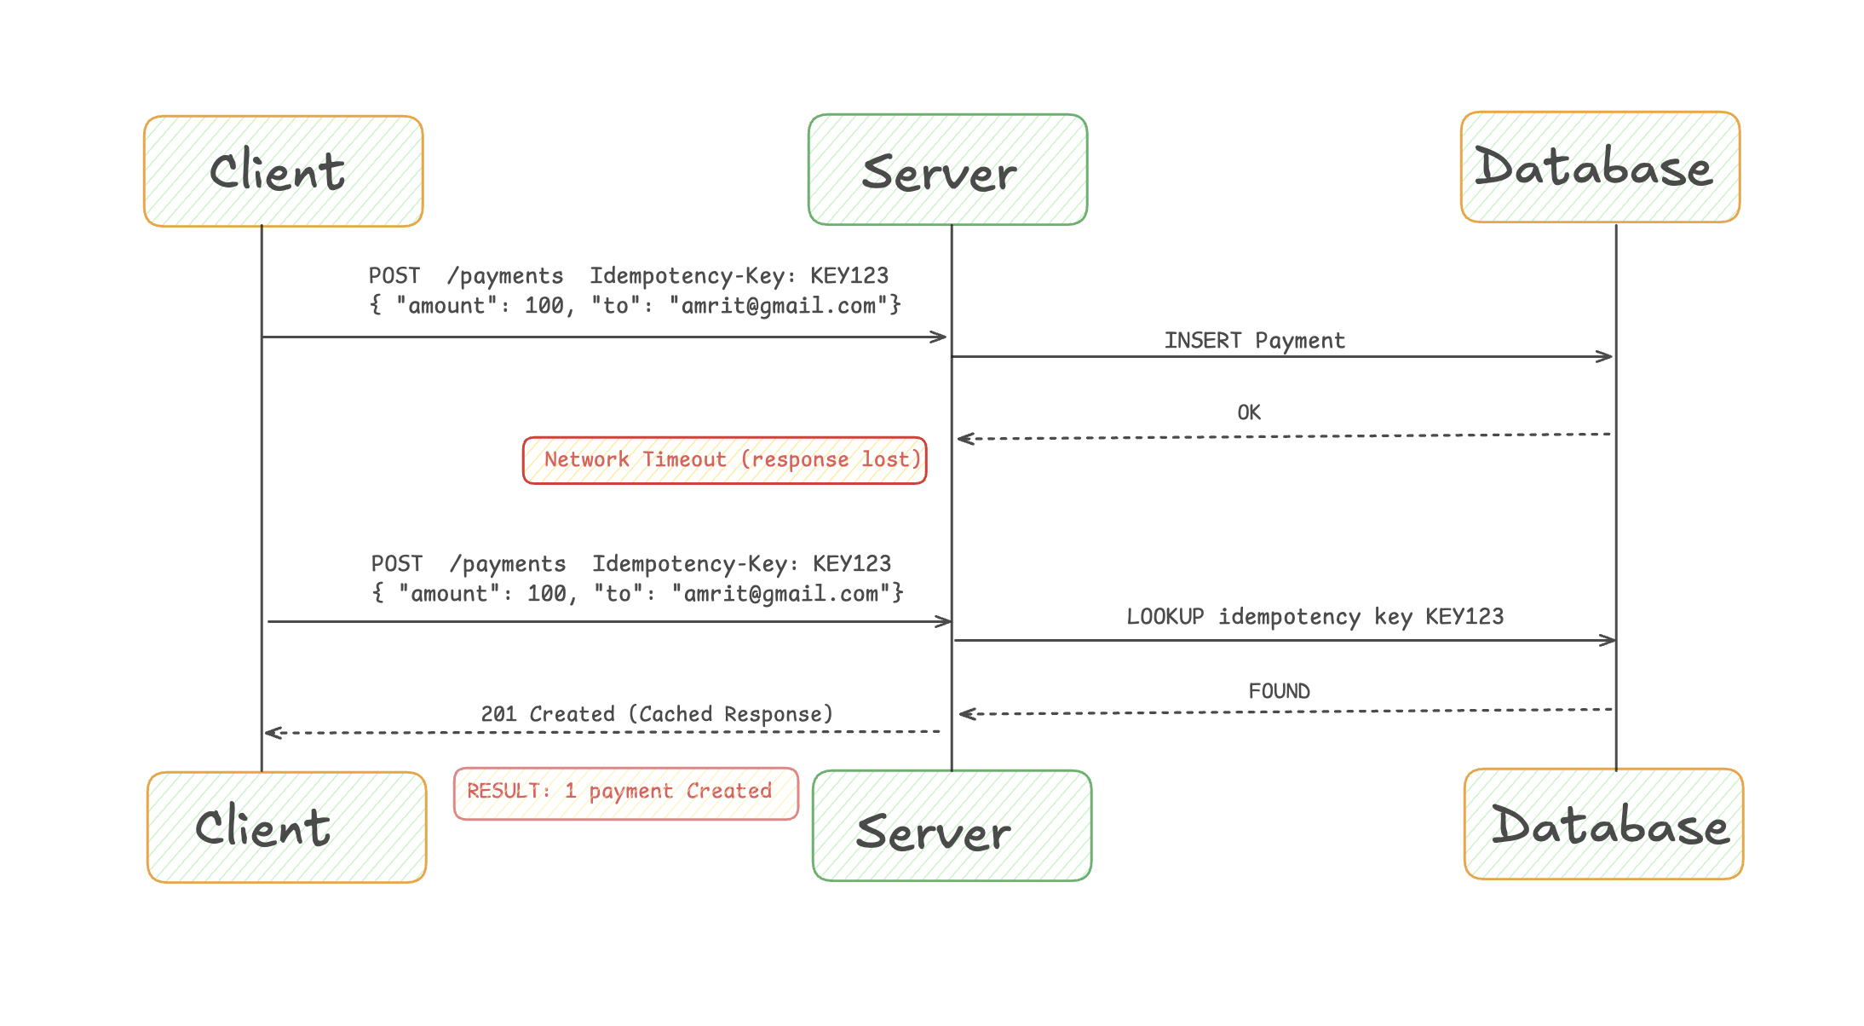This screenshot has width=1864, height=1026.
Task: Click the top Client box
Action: pyautogui.click(x=283, y=171)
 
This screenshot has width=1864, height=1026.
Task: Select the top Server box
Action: pyautogui.click(x=947, y=170)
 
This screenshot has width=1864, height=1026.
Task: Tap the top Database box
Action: pyautogui.click(x=1600, y=167)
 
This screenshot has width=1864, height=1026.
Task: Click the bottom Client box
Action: pyautogui.click(x=286, y=827)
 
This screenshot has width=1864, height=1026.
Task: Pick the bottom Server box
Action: pyautogui.click(x=952, y=826)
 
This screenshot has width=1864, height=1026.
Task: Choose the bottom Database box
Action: pyautogui.click(x=1603, y=824)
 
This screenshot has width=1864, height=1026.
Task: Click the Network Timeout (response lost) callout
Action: pyautogui.click(x=724, y=460)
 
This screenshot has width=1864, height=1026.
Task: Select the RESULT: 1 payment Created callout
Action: pyautogui.click(x=625, y=793)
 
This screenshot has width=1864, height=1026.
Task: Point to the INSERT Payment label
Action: pyautogui.click(x=1254, y=341)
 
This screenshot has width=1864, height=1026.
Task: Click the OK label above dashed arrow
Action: pyautogui.click(x=1249, y=412)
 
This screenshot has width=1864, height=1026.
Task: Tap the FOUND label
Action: pyautogui.click(x=1279, y=691)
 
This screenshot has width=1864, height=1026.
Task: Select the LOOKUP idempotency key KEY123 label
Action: pyautogui.click(x=1315, y=617)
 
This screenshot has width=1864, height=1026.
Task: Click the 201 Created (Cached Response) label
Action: pyautogui.click(x=656, y=714)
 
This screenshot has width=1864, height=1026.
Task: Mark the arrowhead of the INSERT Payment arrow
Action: pyautogui.click(x=1607, y=356)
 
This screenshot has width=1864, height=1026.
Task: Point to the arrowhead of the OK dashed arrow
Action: pyautogui.click(x=964, y=439)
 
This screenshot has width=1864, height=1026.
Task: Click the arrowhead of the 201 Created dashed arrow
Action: pyautogui.click(x=271, y=733)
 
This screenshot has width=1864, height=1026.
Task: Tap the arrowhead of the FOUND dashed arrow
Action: pyautogui.click(x=965, y=714)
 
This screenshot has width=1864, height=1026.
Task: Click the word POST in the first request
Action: pyautogui.click(x=394, y=276)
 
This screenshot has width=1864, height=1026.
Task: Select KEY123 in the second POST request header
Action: pyautogui.click(x=851, y=564)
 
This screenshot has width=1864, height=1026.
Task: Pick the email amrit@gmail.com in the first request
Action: pyautogui.click(x=779, y=306)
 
